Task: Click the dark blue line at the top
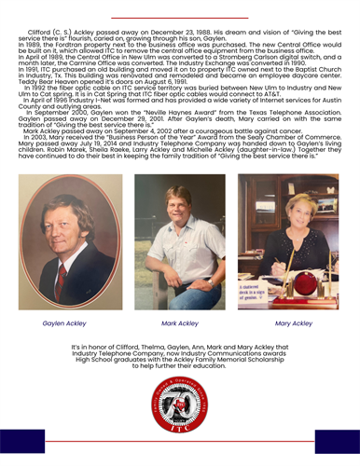(x=180, y=5)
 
